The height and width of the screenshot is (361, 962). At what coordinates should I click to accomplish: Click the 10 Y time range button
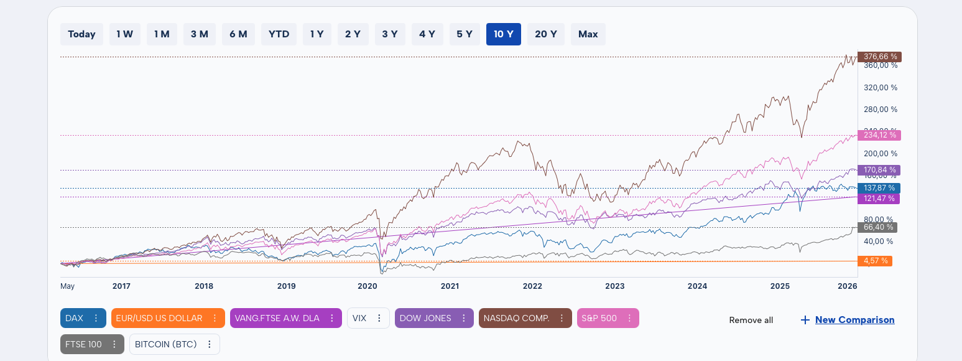503,34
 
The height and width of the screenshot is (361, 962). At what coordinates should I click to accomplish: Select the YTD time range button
279,34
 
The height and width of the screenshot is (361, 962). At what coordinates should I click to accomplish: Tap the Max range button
588,34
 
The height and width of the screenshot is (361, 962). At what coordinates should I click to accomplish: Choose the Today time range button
81,34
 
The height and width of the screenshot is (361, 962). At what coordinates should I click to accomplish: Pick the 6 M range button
238,34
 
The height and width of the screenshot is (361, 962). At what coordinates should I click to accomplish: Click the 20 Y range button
545,34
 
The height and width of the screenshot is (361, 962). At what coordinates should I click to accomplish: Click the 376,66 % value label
879,57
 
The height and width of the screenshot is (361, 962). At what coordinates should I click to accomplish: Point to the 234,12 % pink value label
879,135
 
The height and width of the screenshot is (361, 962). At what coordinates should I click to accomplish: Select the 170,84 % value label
879,170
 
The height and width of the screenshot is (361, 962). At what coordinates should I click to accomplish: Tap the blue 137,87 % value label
879,188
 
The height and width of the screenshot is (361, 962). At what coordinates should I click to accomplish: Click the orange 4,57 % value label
875,261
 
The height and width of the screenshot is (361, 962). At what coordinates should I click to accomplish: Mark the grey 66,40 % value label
879,228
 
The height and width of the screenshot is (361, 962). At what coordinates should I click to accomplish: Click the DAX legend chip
75,318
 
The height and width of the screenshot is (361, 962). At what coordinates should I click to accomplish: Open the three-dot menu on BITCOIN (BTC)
210,344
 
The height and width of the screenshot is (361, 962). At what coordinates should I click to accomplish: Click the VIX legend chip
359,318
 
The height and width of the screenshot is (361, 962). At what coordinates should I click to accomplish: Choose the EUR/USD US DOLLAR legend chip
159,318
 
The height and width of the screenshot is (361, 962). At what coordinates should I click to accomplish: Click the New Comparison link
854,320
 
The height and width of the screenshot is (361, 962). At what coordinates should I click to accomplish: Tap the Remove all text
751,320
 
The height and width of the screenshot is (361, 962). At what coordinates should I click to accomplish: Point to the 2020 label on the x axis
368,286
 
